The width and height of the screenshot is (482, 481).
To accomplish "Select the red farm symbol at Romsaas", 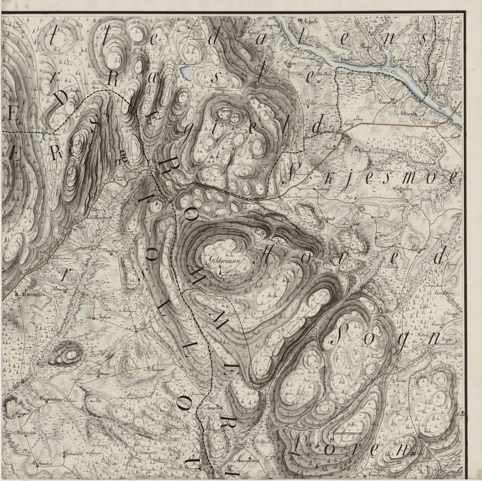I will pos(16,295).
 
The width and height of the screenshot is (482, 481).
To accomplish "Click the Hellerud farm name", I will pos(364,151).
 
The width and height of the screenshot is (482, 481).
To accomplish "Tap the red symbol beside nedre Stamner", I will pos(97,376).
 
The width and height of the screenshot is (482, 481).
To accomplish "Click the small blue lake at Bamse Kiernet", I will pos(45,136).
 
